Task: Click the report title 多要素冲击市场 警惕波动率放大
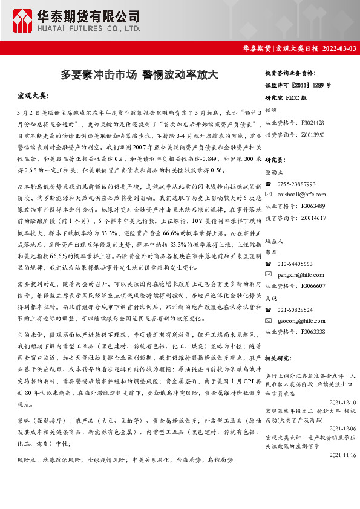139,74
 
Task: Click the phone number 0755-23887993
296,184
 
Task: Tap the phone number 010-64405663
295,264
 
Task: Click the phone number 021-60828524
295,310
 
